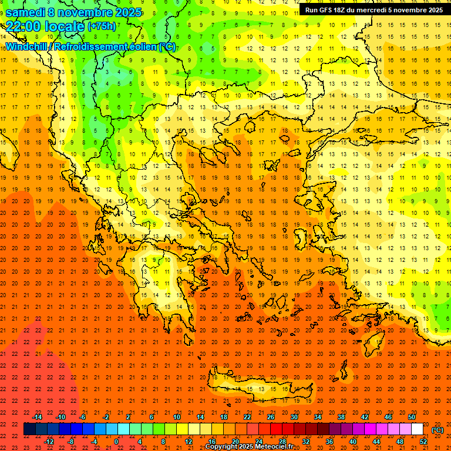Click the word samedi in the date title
pyautogui.click(x=25, y=12)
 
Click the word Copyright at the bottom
pyautogui.click(x=223, y=447)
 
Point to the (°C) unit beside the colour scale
pyautogui.click(x=437, y=430)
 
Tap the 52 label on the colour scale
pyautogui.click(x=423, y=441)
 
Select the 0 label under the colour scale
pyautogui.click(x=116, y=441)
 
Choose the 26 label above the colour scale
pyautogui.click(x=271, y=416)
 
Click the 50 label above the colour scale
pyautogui.click(x=412, y=416)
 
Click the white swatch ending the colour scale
pyautogui.click(x=418, y=429)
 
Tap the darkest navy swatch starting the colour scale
pyautogui.click(x=29, y=429)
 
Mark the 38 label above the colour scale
pyautogui.click(x=341, y=416)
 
